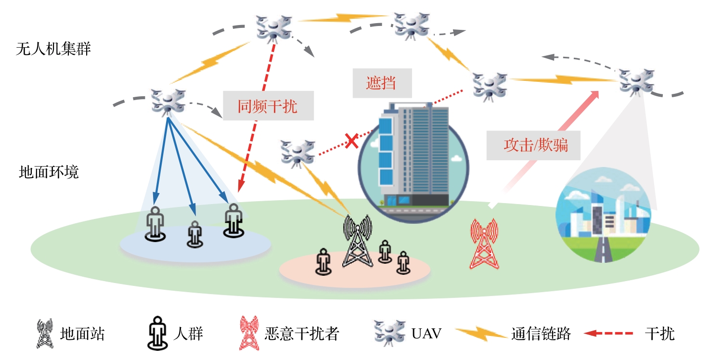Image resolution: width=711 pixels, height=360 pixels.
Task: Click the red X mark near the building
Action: [x=352, y=141]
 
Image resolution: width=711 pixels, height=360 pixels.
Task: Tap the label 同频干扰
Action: [x=268, y=106]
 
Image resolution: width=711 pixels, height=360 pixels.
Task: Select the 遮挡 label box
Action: [x=382, y=82]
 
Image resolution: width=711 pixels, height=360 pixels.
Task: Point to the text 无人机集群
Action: [x=53, y=49]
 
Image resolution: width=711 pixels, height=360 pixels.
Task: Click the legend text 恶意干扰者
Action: [x=302, y=334]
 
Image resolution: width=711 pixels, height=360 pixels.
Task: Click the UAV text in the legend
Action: [x=427, y=334]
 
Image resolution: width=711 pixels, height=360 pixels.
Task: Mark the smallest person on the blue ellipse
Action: [x=194, y=234]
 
